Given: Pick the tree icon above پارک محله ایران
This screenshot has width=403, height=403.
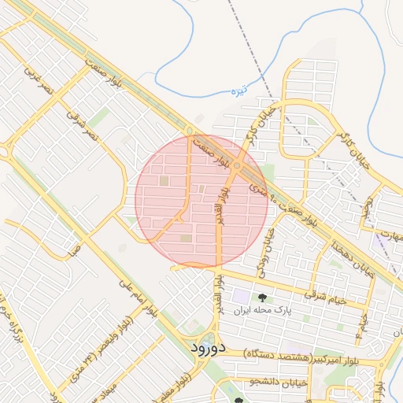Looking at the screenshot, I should [262, 298].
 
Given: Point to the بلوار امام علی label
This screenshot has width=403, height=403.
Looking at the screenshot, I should [138, 298].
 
